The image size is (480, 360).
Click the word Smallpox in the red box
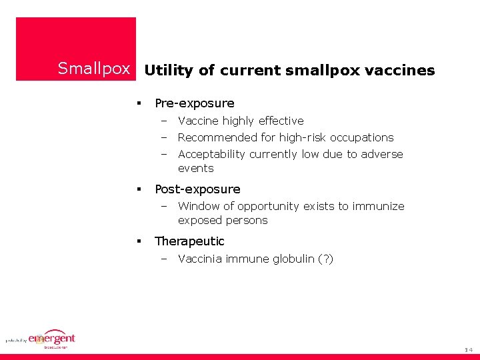[93, 69]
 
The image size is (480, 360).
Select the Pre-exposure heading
[194, 103]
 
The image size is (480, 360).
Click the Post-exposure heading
[197, 189]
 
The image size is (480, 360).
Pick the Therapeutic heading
[189, 241]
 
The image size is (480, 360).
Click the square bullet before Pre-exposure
[139, 103]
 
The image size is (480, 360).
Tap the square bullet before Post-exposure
[139, 189]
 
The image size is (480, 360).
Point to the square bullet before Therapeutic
[139, 241]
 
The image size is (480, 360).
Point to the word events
[195, 168]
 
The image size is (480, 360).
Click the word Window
[199, 206]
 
